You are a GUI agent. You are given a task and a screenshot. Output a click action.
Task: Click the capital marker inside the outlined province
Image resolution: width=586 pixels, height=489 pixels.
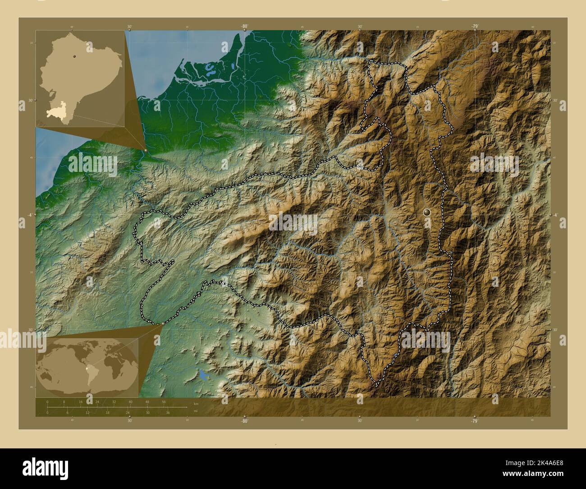[427, 211]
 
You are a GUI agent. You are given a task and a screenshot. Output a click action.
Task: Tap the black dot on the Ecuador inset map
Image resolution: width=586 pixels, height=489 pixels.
[73, 56]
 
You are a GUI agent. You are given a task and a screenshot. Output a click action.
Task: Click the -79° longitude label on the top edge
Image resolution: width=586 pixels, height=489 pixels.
[475, 27]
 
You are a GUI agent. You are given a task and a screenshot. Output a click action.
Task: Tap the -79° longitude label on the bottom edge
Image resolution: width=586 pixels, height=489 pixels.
[475, 421]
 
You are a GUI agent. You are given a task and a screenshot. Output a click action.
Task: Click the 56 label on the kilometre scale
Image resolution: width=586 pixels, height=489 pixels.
[164, 401]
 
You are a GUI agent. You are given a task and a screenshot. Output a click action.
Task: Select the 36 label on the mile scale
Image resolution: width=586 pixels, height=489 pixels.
[168, 412]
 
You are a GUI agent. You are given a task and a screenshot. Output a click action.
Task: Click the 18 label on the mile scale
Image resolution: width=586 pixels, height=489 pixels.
[107, 412]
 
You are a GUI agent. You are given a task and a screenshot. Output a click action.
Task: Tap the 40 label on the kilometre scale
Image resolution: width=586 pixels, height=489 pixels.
[130, 401]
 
